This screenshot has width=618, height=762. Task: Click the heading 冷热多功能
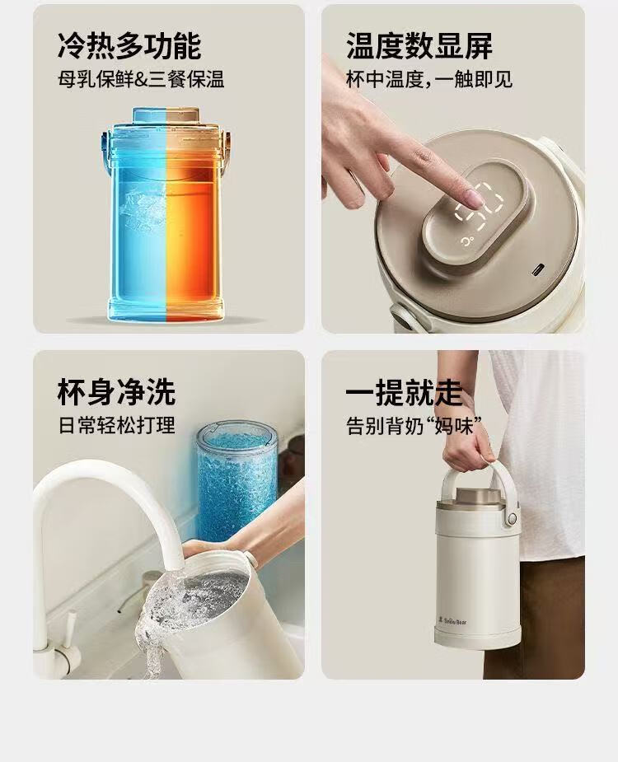[129, 46]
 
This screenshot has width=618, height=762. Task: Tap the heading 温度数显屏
[419, 46]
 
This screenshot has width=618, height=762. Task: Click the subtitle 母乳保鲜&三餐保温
[141, 79]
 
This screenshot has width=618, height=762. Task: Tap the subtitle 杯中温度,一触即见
[429, 79]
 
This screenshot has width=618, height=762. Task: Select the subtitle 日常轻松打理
[117, 425]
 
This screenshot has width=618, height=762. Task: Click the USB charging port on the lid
[539, 269]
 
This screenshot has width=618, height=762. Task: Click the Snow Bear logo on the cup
[452, 620]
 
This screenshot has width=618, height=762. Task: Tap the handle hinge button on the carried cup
[512, 519]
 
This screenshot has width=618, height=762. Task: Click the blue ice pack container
[236, 474]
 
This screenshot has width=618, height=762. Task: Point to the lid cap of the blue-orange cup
[166, 115]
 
